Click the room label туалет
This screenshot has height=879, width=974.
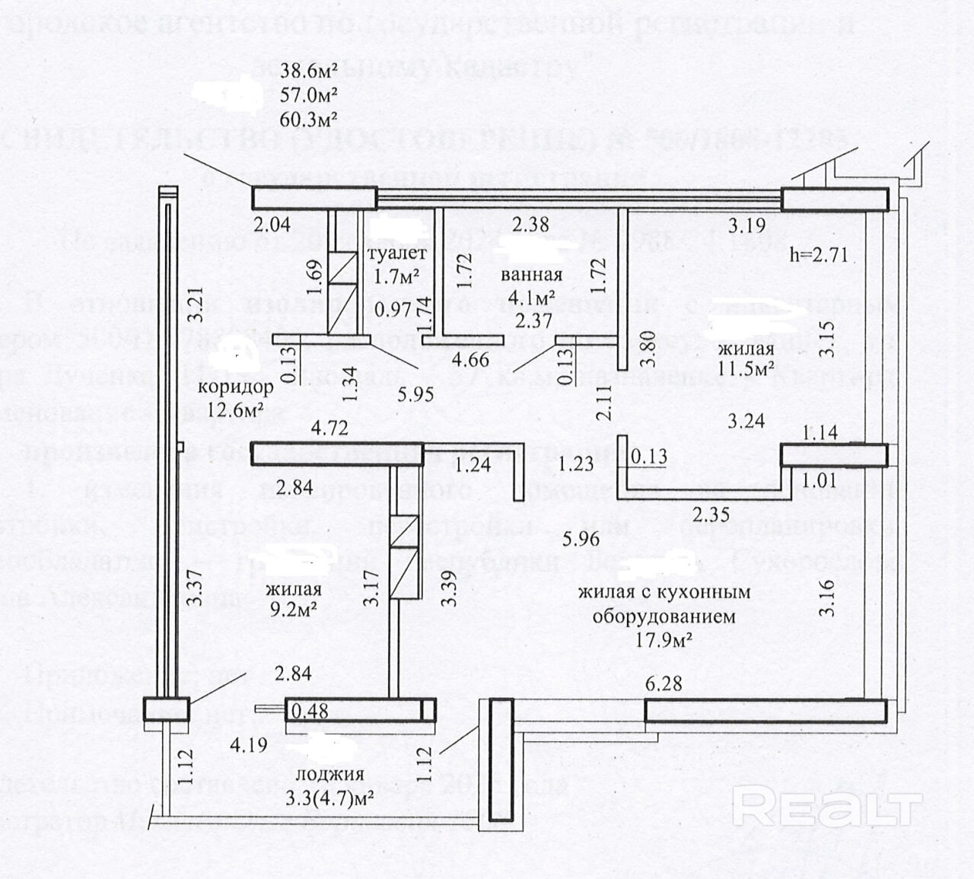396,253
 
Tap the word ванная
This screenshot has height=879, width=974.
532,275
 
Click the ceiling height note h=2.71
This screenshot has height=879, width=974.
819,253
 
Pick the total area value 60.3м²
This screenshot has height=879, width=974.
309,118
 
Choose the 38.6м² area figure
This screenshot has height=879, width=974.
309,72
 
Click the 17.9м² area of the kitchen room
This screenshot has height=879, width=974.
664,639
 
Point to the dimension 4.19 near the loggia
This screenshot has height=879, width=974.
249,744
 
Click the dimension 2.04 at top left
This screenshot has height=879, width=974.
272,225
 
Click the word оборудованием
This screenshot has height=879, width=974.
664,616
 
